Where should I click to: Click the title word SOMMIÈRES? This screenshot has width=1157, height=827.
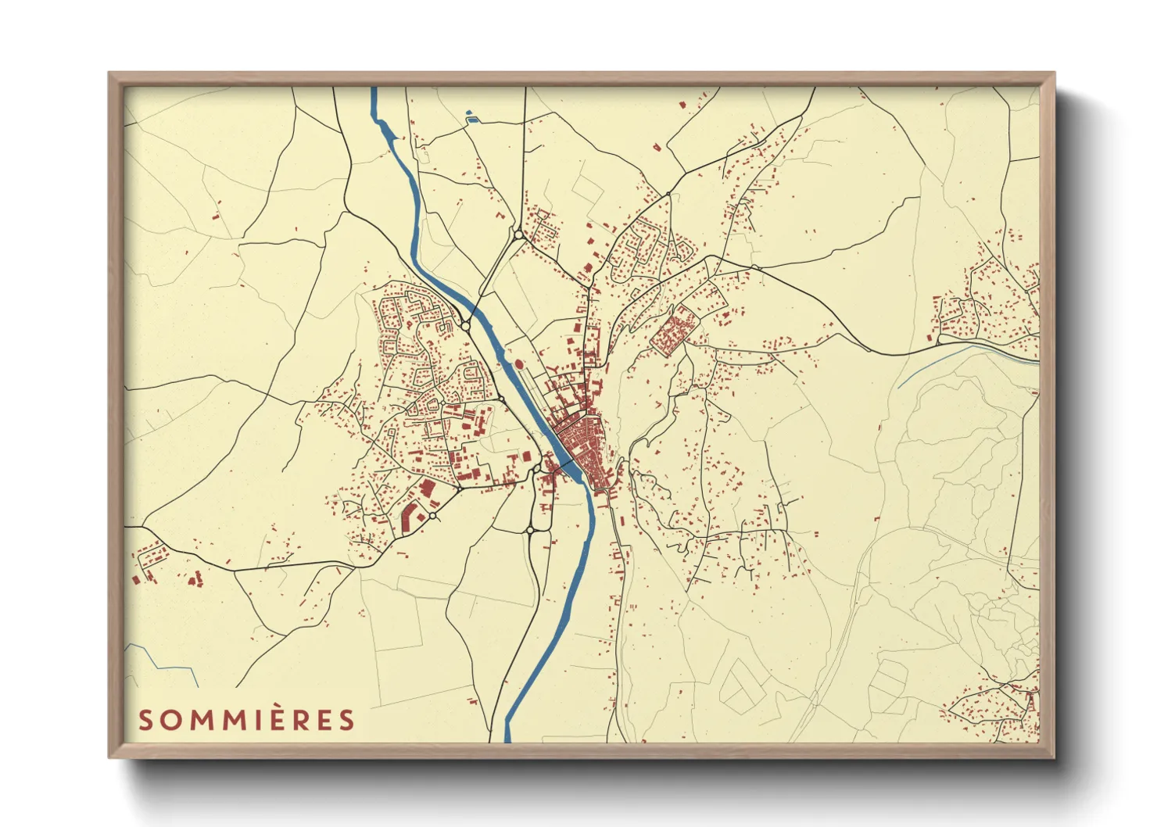tap(246, 720)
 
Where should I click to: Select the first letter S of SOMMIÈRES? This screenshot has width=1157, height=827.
tap(145, 720)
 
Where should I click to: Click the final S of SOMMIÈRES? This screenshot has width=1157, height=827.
tap(347, 720)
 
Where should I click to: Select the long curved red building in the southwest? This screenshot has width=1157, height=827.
tap(408, 516)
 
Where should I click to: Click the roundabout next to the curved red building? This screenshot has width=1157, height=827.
tap(432, 517)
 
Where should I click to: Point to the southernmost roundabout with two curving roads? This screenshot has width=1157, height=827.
tap(530, 530)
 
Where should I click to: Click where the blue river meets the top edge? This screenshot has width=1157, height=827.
tap(374, 89)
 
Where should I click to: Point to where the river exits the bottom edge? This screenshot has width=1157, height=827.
tap(508, 739)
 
